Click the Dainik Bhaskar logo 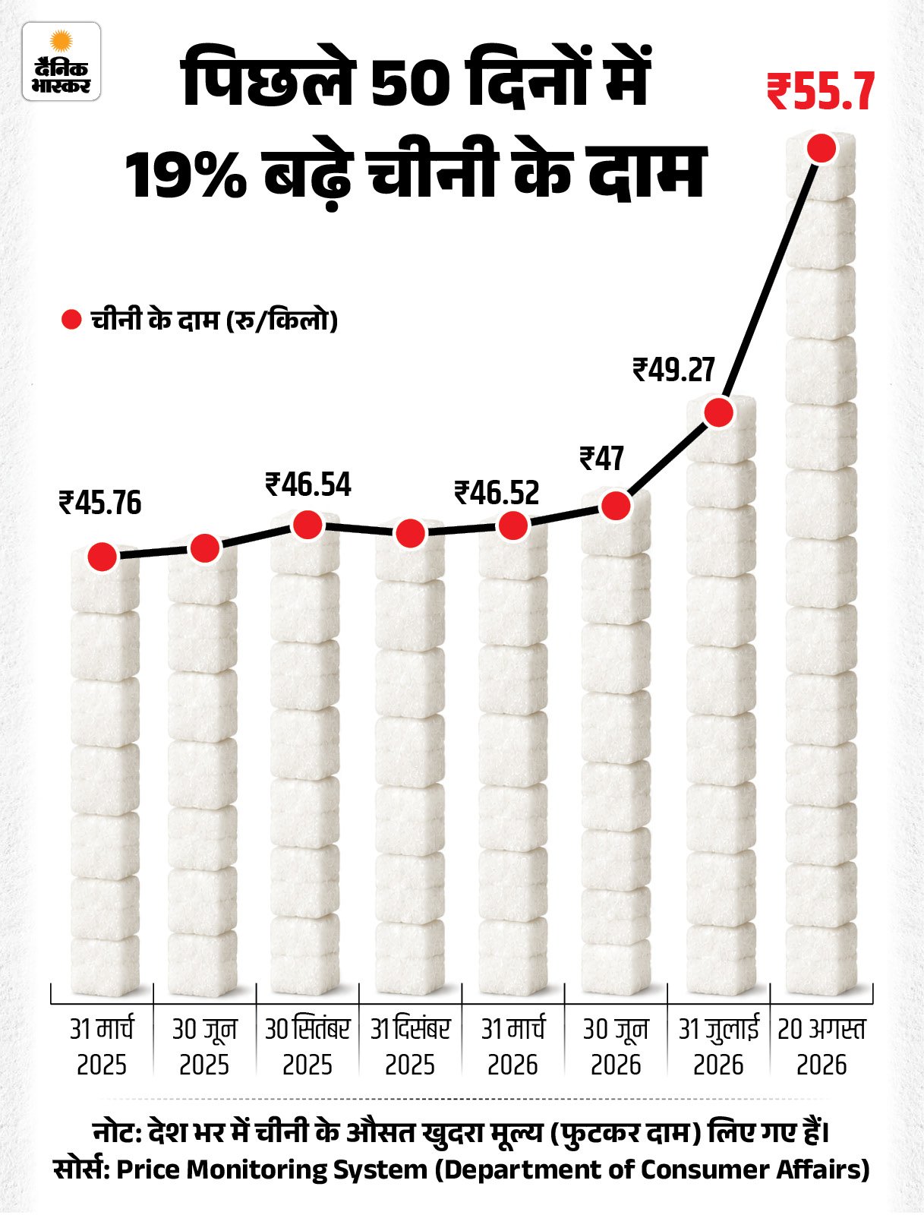(x=61, y=62)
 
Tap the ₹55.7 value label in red (x=821, y=92)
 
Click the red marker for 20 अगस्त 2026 (x=822, y=148)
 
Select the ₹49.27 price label (x=674, y=370)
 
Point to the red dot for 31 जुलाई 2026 (x=719, y=412)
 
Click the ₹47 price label (x=602, y=459)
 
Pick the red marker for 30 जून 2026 (x=616, y=505)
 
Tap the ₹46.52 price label (x=497, y=493)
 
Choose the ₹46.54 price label (x=308, y=484)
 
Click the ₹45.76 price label (x=100, y=503)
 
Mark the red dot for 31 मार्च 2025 (x=102, y=556)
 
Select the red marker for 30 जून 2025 (x=205, y=548)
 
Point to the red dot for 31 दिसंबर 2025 (x=410, y=533)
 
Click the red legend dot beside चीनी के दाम (x=71, y=320)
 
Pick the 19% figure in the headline (x=187, y=175)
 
